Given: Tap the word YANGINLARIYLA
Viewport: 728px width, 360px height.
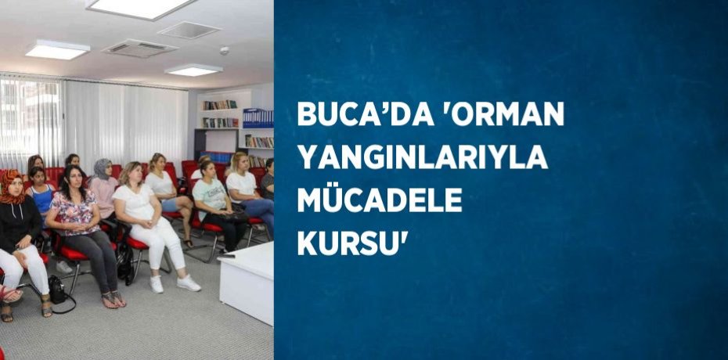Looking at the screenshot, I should click(422, 159).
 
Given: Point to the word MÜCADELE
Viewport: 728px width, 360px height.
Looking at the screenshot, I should click(379, 202).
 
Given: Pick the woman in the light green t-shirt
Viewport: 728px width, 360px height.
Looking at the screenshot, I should click(210, 200).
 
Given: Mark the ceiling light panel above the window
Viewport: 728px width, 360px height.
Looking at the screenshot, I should click(56, 50).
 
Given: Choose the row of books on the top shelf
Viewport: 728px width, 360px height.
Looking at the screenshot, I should click(220, 105).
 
